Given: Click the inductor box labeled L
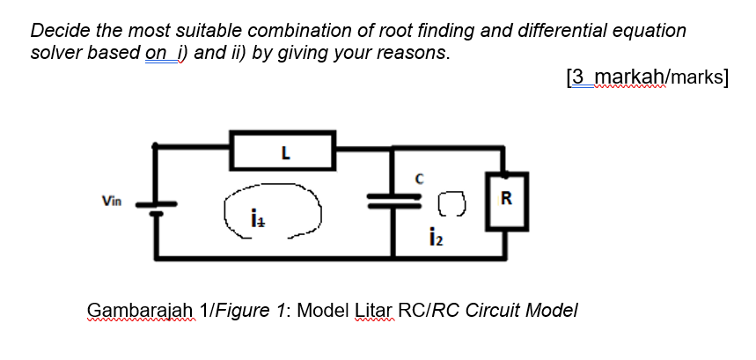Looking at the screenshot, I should click(x=282, y=151).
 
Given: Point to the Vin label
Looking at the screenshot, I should click(x=111, y=201).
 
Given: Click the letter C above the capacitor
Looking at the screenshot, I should click(x=421, y=179).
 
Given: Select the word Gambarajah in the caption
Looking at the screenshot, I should click(x=139, y=311).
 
